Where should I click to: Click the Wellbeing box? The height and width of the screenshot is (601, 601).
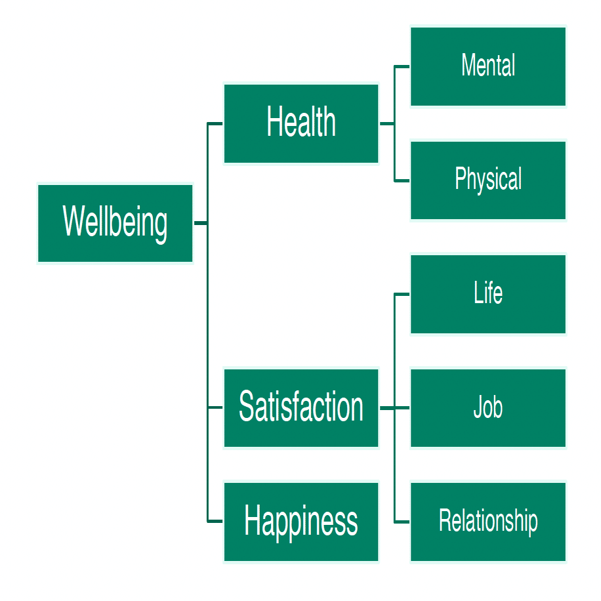115,223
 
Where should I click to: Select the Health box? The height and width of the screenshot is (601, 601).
301,123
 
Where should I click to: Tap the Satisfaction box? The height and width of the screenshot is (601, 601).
301,407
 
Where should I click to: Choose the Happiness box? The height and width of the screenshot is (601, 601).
301,521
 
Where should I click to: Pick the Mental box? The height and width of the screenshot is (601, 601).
488,66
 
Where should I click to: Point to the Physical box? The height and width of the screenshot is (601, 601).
488,180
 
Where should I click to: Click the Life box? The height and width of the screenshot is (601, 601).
488,294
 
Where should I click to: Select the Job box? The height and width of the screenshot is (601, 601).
488,407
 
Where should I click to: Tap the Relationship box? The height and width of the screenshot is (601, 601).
488,521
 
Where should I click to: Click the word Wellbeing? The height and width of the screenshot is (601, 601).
115,223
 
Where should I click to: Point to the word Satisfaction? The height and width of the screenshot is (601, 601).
301,406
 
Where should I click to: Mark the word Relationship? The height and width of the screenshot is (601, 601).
488,521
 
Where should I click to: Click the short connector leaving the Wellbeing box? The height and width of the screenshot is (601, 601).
201,222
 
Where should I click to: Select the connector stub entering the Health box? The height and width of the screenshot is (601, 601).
215,123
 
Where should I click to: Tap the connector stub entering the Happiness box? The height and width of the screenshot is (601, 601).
215,521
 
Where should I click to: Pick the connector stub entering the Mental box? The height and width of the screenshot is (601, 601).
402,66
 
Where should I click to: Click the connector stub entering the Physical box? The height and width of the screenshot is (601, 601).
402,180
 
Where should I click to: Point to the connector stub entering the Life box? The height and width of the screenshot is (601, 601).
402,295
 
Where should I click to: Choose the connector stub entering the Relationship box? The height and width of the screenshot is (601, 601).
402,522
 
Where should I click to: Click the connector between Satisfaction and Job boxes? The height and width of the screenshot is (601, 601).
395,408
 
